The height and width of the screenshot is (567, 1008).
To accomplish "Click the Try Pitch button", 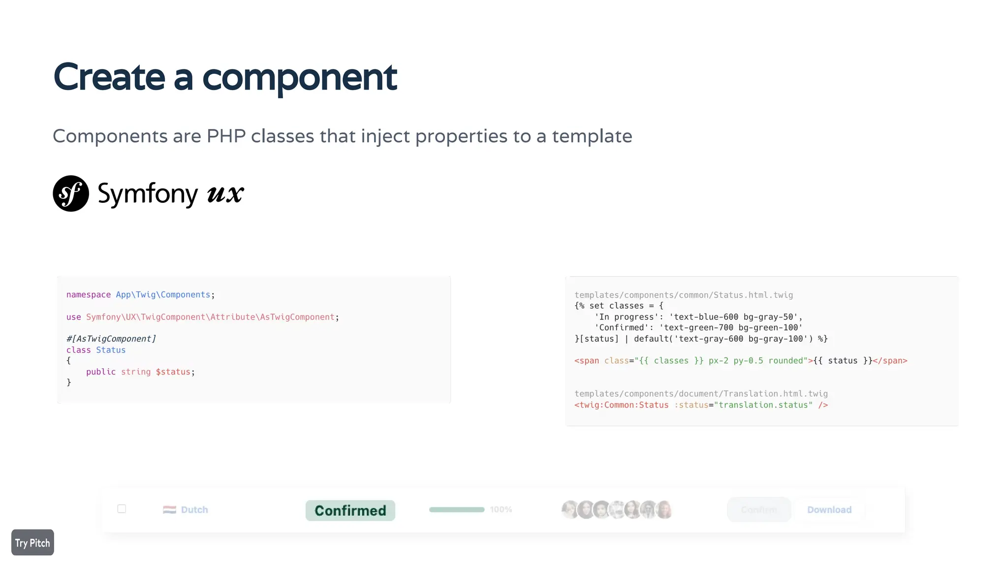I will click(x=32, y=542).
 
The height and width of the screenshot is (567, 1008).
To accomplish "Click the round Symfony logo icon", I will click(x=71, y=193).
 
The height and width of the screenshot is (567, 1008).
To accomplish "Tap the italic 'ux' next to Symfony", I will click(x=225, y=193).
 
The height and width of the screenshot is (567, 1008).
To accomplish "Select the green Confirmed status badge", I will click(x=350, y=510).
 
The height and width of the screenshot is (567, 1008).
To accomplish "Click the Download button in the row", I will click(x=829, y=510).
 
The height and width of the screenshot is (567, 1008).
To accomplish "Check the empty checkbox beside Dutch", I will click(x=122, y=509).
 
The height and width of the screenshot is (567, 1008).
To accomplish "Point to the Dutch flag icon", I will click(x=169, y=510).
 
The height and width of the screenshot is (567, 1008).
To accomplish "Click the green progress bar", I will click(x=457, y=510).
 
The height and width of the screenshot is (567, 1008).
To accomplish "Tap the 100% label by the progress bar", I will click(x=501, y=510).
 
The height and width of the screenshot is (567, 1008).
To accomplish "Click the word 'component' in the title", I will click(x=299, y=78).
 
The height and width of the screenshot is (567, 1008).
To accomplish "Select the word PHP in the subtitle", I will click(x=226, y=136).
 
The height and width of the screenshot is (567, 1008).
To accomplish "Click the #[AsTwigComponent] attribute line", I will click(x=111, y=339).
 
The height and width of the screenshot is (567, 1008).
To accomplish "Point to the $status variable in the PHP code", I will click(x=173, y=372).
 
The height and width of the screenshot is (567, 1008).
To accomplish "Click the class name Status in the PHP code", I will click(x=111, y=350).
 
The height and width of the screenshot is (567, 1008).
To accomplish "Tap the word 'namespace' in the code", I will click(x=89, y=295).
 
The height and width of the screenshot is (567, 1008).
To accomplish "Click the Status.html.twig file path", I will click(x=684, y=295).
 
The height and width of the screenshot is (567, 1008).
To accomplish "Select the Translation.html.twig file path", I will click(x=701, y=394).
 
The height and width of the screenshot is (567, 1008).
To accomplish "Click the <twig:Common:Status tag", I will click(x=622, y=405).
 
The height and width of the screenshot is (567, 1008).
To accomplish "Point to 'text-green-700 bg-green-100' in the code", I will click(x=731, y=328).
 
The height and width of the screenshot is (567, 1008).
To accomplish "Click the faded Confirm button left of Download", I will click(x=759, y=510).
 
